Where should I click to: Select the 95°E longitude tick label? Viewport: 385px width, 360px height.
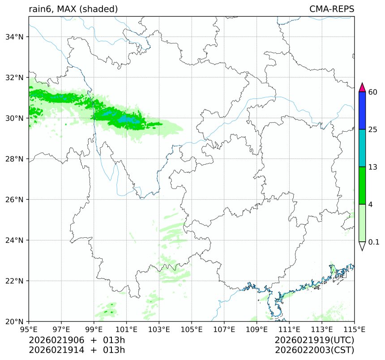[29, 330]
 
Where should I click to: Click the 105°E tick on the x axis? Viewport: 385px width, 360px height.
[192, 330]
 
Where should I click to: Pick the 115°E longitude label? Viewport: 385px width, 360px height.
[354, 330]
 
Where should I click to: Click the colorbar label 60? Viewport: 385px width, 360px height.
[372, 92]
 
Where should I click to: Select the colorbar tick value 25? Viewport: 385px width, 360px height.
[372, 130]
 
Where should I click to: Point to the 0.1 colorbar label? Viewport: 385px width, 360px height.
[374, 242]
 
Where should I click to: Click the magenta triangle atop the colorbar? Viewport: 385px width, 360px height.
[363, 87]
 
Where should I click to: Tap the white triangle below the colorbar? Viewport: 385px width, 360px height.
[363, 246]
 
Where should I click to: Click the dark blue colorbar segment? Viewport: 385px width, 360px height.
[363, 111]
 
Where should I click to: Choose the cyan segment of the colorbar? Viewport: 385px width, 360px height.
[363, 148]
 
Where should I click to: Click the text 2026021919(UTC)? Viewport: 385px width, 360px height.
[315, 340]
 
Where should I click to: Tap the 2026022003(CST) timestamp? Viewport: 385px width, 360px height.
[315, 350]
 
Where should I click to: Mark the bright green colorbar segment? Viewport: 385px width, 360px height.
[363, 185]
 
